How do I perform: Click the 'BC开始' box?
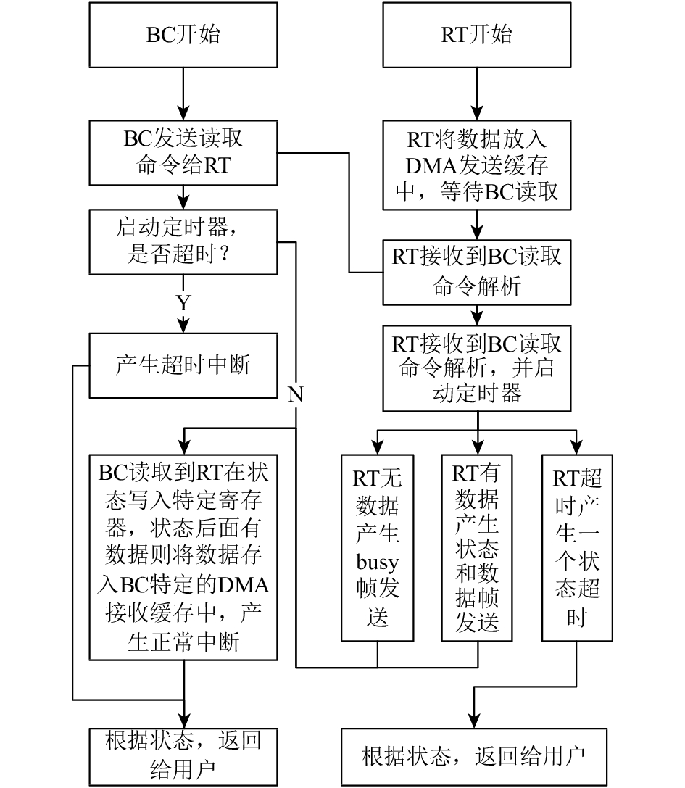[x=183, y=35]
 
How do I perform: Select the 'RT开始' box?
[x=476, y=35]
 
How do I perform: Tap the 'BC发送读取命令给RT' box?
[x=183, y=153]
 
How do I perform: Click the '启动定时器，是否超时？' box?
[x=183, y=242]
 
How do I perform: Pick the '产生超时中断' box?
[x=183, y=365]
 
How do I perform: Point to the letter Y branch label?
[x=183, y=303]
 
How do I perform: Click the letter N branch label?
[x=296, y=394]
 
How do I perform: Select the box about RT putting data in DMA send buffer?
[x=476, y=165]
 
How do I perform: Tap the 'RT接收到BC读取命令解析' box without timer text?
[x=476, y=273]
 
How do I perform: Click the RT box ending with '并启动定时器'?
[x=476, y=368]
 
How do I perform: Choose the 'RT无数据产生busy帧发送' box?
[x=377, y=548]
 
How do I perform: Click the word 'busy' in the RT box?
[x=377, y=563]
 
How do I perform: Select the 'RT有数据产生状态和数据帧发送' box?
[x=476, y=548]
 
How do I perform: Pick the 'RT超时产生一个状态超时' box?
[x=577, y=548]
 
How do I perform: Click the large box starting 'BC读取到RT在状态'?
[x=183, y=557]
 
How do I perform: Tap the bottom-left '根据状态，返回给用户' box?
[x=183, y=757]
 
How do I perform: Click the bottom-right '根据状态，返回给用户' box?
[x=474, y=757]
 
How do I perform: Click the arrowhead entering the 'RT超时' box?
[x=577, y=448]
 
